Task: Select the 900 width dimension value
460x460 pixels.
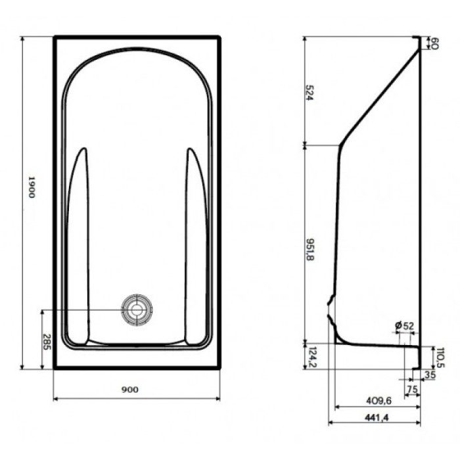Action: tap(130, 390)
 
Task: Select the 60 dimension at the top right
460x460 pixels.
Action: tap(434, 44)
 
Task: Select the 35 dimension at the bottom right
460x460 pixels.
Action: tap(431, 375)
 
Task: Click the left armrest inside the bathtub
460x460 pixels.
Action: tap(78, 243)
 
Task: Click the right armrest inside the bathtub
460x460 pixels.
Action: tap(195, 243)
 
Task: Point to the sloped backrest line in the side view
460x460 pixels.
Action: tap(380, 99)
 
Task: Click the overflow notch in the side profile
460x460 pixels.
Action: tap(332, 310)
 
